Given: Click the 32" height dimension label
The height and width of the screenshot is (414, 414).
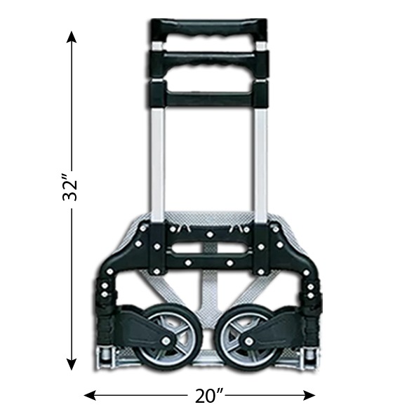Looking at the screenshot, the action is click(x=70, y=187).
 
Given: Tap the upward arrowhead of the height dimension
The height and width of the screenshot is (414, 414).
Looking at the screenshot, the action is click(x=72, y=37).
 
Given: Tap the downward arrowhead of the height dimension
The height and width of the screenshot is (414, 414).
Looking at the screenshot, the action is click(x=72, y=363).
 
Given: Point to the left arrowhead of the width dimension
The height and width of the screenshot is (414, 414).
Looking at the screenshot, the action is click(x=90, y=396).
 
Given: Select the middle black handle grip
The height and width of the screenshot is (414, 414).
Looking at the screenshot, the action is click(x=208, y=63).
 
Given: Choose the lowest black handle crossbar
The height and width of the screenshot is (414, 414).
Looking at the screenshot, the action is click(x=208, y=98).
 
